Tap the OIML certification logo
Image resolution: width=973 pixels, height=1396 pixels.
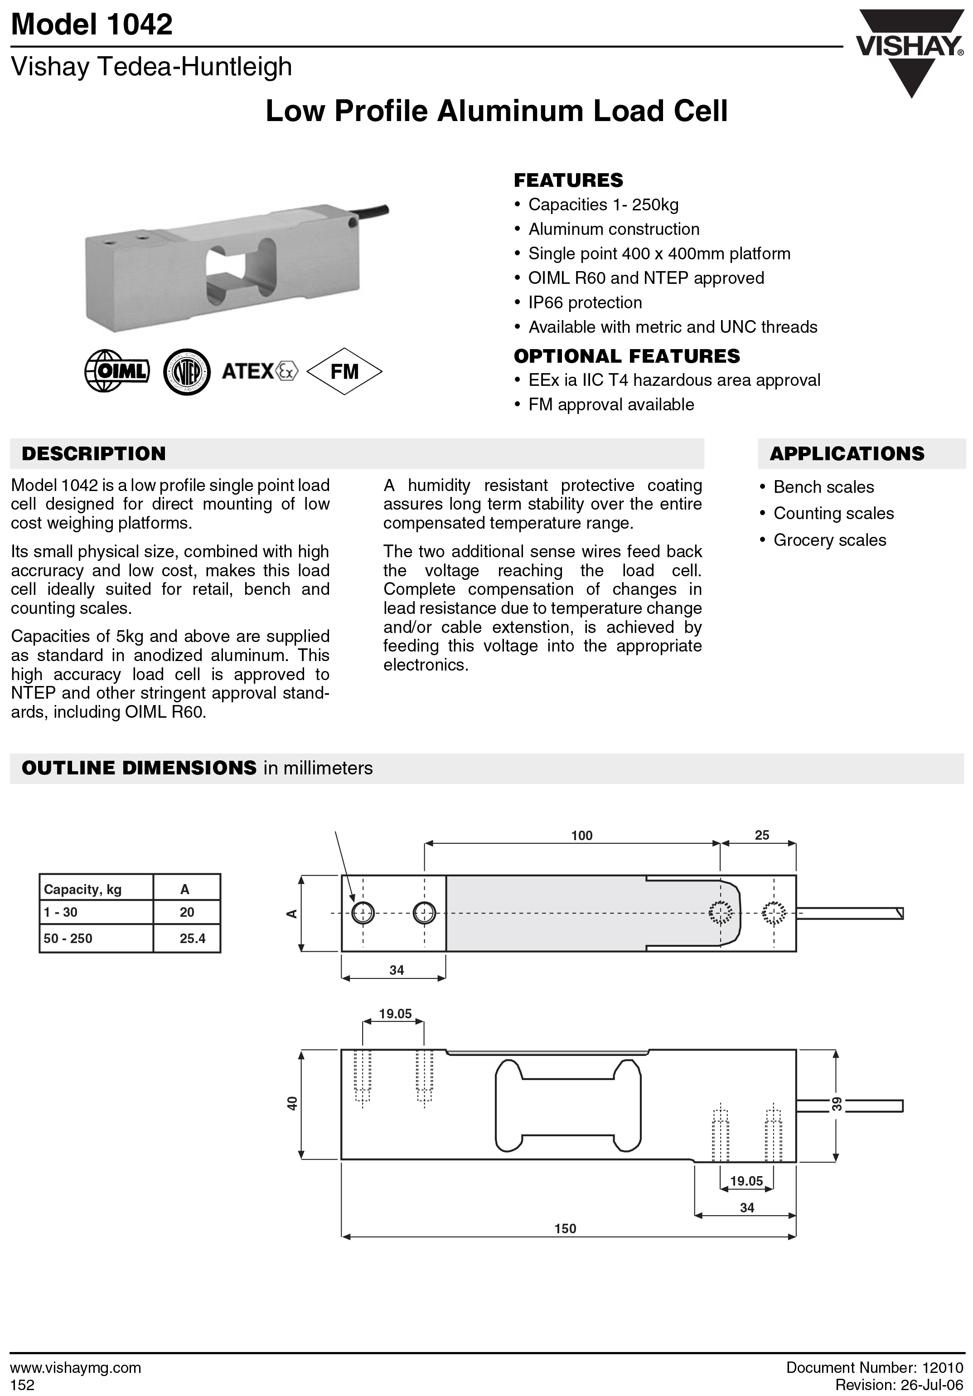[116, 371]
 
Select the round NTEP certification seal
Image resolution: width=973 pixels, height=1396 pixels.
[187, 371]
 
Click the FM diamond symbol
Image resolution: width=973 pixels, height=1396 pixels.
[344, 371]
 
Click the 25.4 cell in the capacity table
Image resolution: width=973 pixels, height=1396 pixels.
[192, 938]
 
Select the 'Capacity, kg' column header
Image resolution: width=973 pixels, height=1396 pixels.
[82, 890]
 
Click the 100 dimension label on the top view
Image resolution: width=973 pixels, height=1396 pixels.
[581, 836]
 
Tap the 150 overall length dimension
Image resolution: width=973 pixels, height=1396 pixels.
[565, 1228]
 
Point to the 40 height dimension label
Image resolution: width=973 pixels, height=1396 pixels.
[292, 1103]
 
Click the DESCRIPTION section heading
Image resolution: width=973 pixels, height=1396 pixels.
[94, 453]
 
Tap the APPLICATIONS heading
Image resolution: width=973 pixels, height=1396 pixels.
[847, 453]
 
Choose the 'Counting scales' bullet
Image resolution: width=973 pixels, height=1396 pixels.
[833, 513]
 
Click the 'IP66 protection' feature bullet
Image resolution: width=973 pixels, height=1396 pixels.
[585, 302]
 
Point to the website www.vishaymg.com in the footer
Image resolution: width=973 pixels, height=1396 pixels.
[76, 1367]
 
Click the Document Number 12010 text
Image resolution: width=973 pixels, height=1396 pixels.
[875, 1367]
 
